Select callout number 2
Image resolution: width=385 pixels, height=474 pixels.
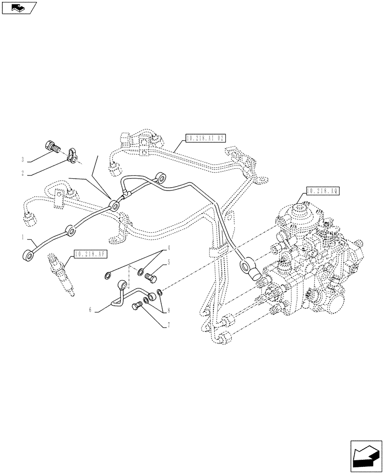point(22,173)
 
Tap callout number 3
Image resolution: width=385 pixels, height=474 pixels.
point(22,159)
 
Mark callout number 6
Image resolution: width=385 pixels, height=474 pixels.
point(90,310)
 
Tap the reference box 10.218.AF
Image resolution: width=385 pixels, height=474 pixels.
point(91,254)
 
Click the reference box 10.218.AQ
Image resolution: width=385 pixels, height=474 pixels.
point(322,191)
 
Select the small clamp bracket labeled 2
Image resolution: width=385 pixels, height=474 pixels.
point(73,155)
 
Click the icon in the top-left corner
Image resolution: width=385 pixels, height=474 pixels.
point(18,8)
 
